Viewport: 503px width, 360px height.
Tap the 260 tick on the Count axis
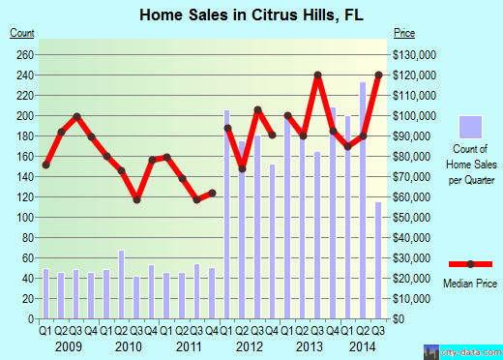tap(23, 54)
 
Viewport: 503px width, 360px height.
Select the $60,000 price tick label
tap(412, 197)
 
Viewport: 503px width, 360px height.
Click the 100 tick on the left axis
tap(23, 218)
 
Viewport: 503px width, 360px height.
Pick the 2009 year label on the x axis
tap(68, 346)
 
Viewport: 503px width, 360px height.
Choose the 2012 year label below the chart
tap(250, 346)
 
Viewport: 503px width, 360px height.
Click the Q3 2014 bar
tap(378, 260)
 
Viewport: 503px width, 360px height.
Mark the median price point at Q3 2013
tap(317, 75)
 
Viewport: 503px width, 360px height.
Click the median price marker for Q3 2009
tap(76, 117)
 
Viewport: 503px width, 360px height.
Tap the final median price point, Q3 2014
tap(378, 75)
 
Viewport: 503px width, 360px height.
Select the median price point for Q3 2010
tap(136, 200)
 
